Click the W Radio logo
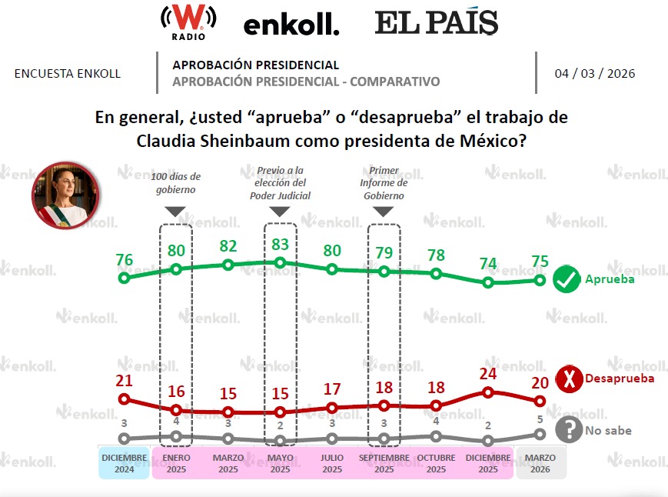click(x=188, y=22)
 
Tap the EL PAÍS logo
click(x=436, y=23)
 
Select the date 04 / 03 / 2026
click(x=594, y=74)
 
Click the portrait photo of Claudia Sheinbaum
click(x=65, y=195)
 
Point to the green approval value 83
click(x=280, y=245)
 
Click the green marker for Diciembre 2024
click(x=124, y=278)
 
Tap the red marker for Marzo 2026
click(x=540, y=401)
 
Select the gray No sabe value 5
click(x=540, y=419)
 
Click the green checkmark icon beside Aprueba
click(x=567, y=280)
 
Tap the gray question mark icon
click(x=569, y=430)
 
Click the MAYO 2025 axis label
click(x=280, y=463)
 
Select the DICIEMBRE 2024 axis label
click(x=124, y=463)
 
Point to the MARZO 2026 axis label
click(x=540, y=463)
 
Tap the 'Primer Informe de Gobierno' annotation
click(x=384, y=183)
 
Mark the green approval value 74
click(x=488, y=264)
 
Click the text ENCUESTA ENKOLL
click(x=68, y=74)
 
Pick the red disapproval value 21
click(x=124, y=381)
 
